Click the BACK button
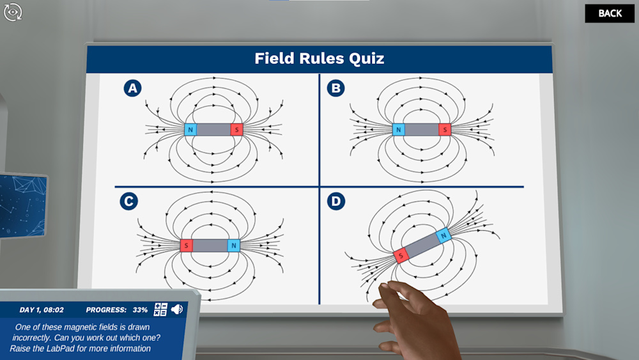610,13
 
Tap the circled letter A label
132,88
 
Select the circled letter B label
336,88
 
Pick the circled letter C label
129,201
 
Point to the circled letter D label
336,201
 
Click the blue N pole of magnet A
190,130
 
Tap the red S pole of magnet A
237,130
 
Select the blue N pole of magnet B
399,130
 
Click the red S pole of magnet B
445,130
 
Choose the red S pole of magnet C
186,246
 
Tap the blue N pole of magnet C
233,246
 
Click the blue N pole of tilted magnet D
443,235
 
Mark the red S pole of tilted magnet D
401,256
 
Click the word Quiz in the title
366,59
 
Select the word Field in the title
274,58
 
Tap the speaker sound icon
177,309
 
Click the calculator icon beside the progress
160,309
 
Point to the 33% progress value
140,310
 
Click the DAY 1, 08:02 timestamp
42,310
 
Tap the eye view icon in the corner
13,12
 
